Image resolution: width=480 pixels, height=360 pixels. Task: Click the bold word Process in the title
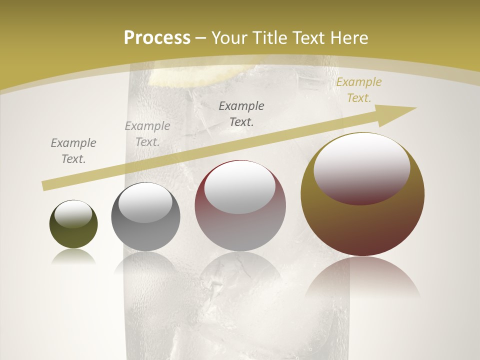click(157, 37)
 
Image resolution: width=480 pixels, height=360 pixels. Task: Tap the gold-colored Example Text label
click(358, 90)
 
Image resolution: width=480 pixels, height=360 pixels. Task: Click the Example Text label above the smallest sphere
click(73, 150)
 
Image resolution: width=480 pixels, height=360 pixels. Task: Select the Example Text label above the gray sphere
click(147, 133)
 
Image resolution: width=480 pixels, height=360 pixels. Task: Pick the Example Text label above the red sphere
click(241, 113)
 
